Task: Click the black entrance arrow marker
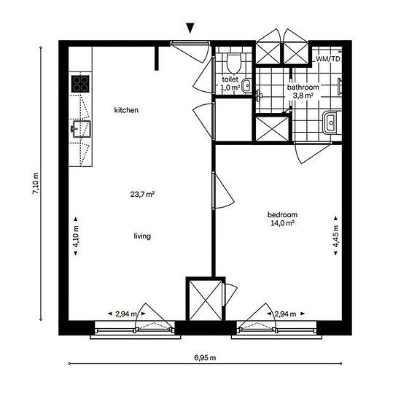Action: pyautogui.click(x=190, y=28)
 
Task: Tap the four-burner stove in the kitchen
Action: pyautogui.click(x=80, y=84)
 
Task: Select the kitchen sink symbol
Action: pyautogui.click(x=81, y=129)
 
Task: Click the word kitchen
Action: pyautogui.click(x=126, y=110)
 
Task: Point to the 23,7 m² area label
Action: pyautogui.click(x=142, y=195)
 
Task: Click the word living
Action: pyautogui.click(x=142, y=236)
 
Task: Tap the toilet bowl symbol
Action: pyautogui.click(x=234, y=63)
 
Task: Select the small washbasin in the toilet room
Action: pyautogui.click(x=246, y=86)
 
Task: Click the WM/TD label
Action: pyautogui.click(x=328, y=59)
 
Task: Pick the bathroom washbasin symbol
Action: pyautogui.click(x=332, y=122)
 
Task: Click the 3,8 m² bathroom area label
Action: pyautogui.click(x=303, y=96)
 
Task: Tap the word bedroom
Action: pyautogui.click(x=282, y=214)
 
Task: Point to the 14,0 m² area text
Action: pyautogui.click(x=282, y=223)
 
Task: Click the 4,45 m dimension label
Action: pyautogui.click(x=335, y=235)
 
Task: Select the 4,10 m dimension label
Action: pyautogui.click(x=76, y=236)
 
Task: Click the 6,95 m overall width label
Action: pyautogui.click(x=205, y=357)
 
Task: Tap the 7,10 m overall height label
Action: pyautogui.click(x=36, y=184)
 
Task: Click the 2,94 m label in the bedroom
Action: pyautogui.click(x=285, y=314)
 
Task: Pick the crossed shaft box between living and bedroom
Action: pyautogui.click(x=206, y=300)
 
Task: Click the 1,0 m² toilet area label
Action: pyautogui.click(x=230, y=87)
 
